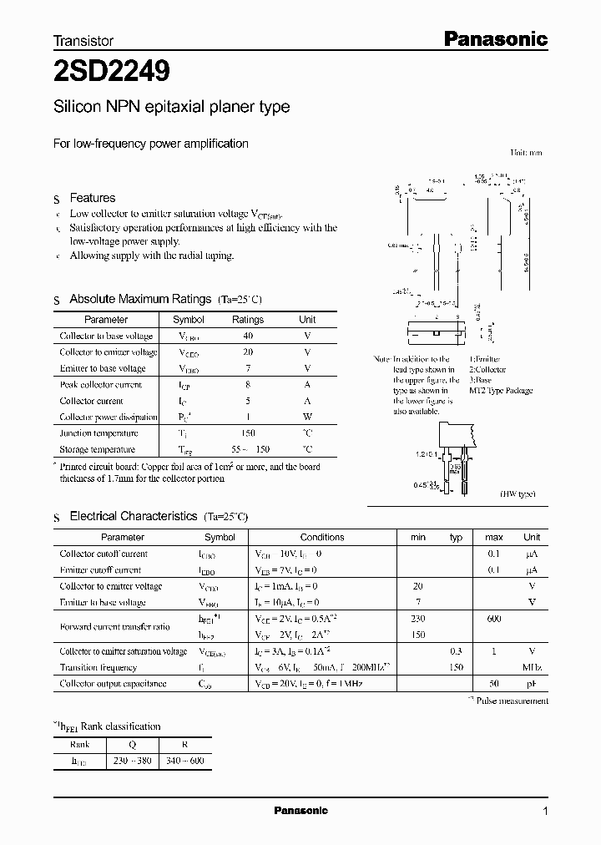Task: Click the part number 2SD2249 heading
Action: coord(112,72)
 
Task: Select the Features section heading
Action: coord(92,198)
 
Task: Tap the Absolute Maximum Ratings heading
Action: coord(139,299)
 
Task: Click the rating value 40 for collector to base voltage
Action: coord(247,336)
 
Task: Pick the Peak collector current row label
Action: coord(100,385)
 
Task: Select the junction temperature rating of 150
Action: coord(247,433)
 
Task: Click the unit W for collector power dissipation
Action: coord(307,417)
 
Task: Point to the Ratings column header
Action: coord(247,320)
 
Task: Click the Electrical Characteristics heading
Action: coord(133,517)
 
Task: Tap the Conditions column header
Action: coord(322,537)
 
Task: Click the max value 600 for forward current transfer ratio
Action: coord(494,619)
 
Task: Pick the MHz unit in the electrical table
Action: coord(532,667)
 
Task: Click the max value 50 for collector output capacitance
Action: coord(494,684)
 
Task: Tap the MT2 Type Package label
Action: coord(500,391)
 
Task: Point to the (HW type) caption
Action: coord(518,494)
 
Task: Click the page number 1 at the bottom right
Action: coord(546,811)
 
